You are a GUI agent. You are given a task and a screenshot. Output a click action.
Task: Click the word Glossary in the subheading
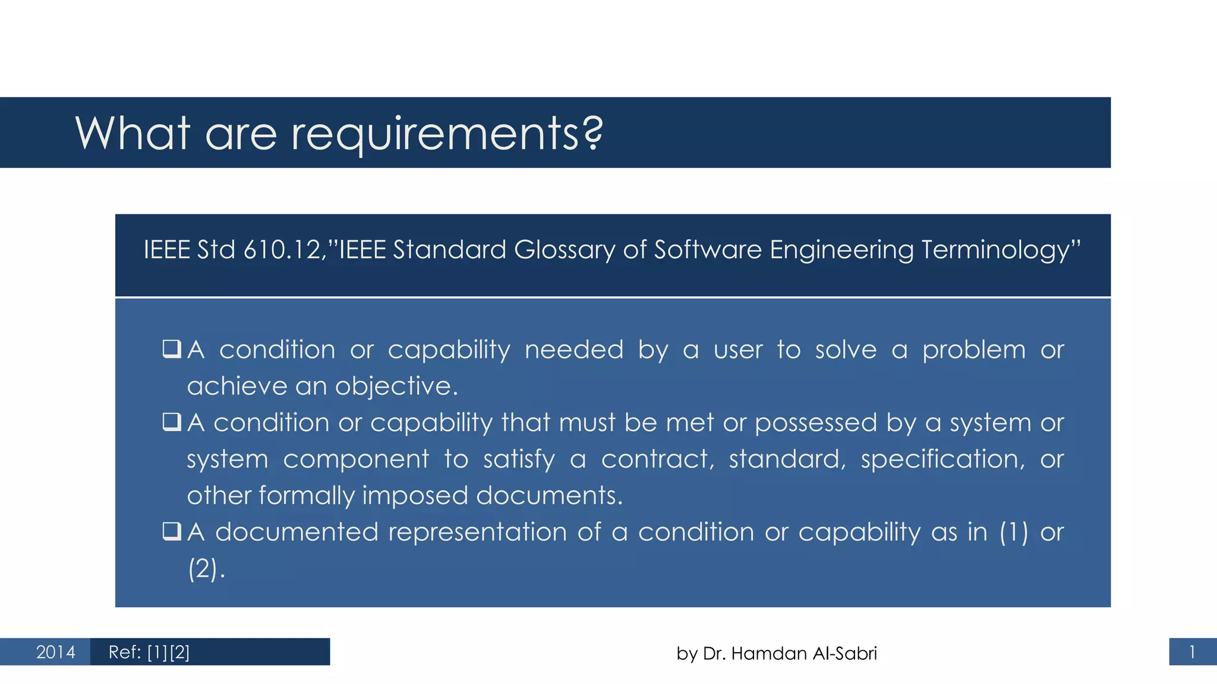564,250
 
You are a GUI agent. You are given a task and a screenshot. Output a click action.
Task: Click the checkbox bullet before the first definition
171,349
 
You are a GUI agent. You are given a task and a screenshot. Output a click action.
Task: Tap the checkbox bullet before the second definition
171,422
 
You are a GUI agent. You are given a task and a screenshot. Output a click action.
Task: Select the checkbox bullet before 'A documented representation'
171,531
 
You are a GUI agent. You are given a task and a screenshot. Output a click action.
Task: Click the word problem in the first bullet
973,350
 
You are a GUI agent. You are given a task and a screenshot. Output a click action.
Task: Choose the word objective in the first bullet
396,387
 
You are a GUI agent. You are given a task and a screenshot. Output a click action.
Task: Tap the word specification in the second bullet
942,460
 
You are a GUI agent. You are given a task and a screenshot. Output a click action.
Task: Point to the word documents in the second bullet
549,496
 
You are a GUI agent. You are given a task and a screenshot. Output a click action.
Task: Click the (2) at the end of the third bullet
203,569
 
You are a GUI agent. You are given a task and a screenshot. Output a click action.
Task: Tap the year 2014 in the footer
55,653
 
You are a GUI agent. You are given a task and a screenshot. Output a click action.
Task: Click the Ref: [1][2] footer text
149,653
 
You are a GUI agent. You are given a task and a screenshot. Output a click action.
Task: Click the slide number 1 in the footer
1191,653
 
